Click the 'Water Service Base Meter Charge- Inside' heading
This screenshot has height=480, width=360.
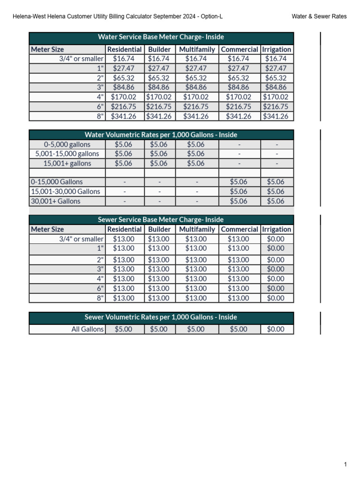click(x=161, y=37)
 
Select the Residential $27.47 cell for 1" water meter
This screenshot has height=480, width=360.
click(x=124, y=68)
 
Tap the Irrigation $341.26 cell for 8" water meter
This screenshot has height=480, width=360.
click(x=277, y=116)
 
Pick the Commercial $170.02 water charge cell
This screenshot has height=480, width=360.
click(x=239, y=97)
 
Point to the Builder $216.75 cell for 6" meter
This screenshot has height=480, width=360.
click(x=159, y=107)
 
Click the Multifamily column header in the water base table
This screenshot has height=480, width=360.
click(x=197, y=49)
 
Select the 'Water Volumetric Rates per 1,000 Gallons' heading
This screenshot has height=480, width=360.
click(x=161, y=135)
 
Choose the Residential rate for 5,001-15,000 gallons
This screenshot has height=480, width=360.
click(x=124, y=154)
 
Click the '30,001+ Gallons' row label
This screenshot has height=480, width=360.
click(x=55, y=201)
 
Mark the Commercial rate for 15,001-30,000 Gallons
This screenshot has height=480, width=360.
click(x=239, y=191)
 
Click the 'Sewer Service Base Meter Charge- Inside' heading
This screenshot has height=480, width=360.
click(x=161, y=219)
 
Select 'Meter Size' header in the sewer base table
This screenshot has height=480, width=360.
click(x=47, y=229)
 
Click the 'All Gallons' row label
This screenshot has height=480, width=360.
click(x=87, y=329)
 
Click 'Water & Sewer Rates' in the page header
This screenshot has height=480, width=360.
click(x=319, y=16)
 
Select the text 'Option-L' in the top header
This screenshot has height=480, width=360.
click(x=210, y=16)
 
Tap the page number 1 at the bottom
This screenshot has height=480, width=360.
click(x=345, y=465)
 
